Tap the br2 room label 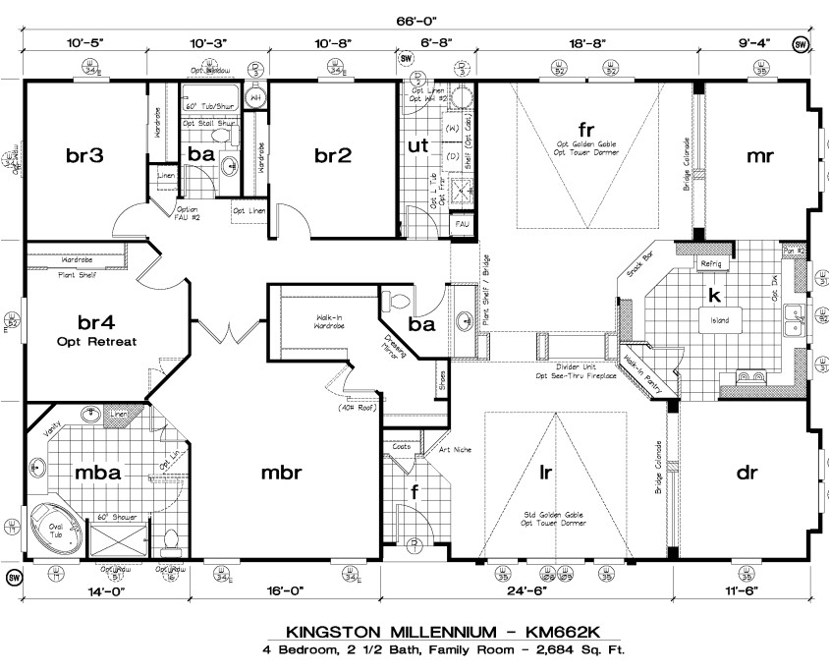(333, 154)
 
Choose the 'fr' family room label (586, 130)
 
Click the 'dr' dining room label (747, 473)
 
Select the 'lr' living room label (545, 472)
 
